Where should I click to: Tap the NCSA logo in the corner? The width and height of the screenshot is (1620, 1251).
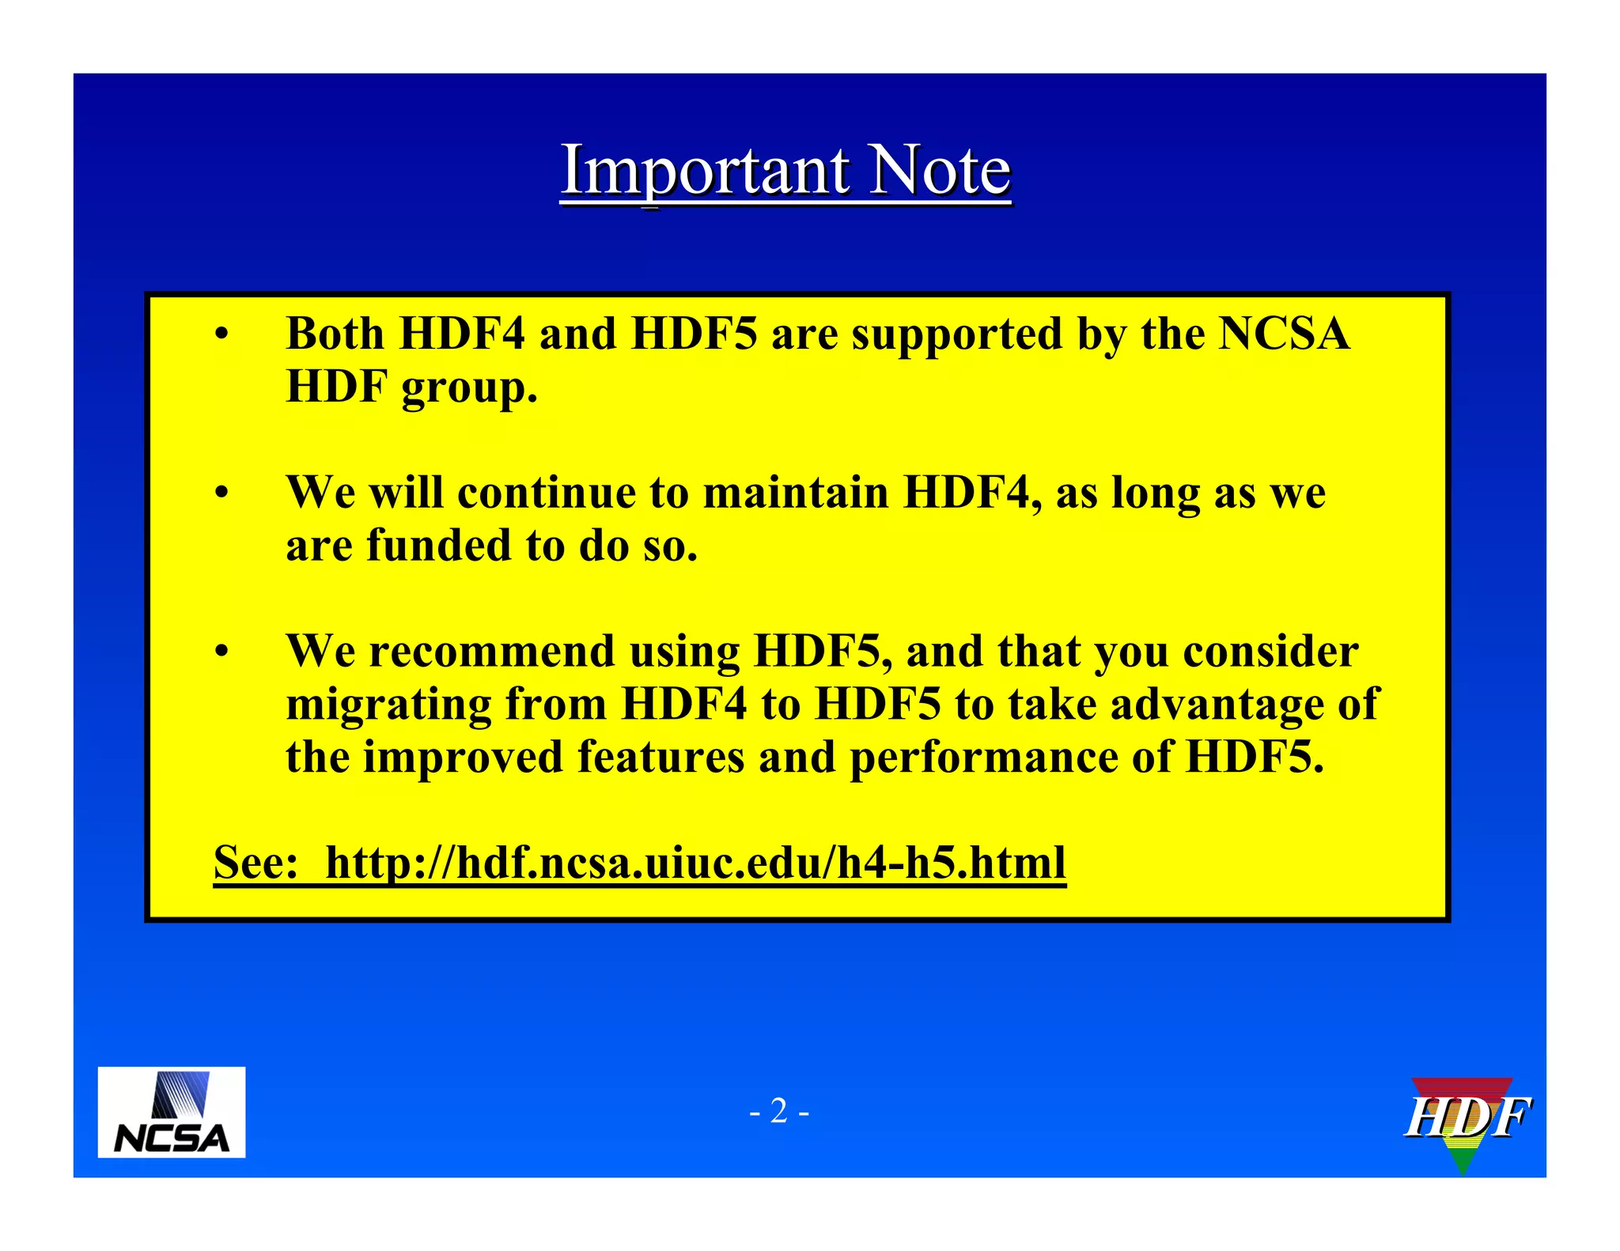click(x=171, y=1112)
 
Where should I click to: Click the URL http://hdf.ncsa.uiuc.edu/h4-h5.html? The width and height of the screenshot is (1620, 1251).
click(x=695, y=862)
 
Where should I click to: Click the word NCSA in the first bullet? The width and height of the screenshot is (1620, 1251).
click(x=1283, y=334)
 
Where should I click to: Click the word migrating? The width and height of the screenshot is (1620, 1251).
click(x=388, y=705)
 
